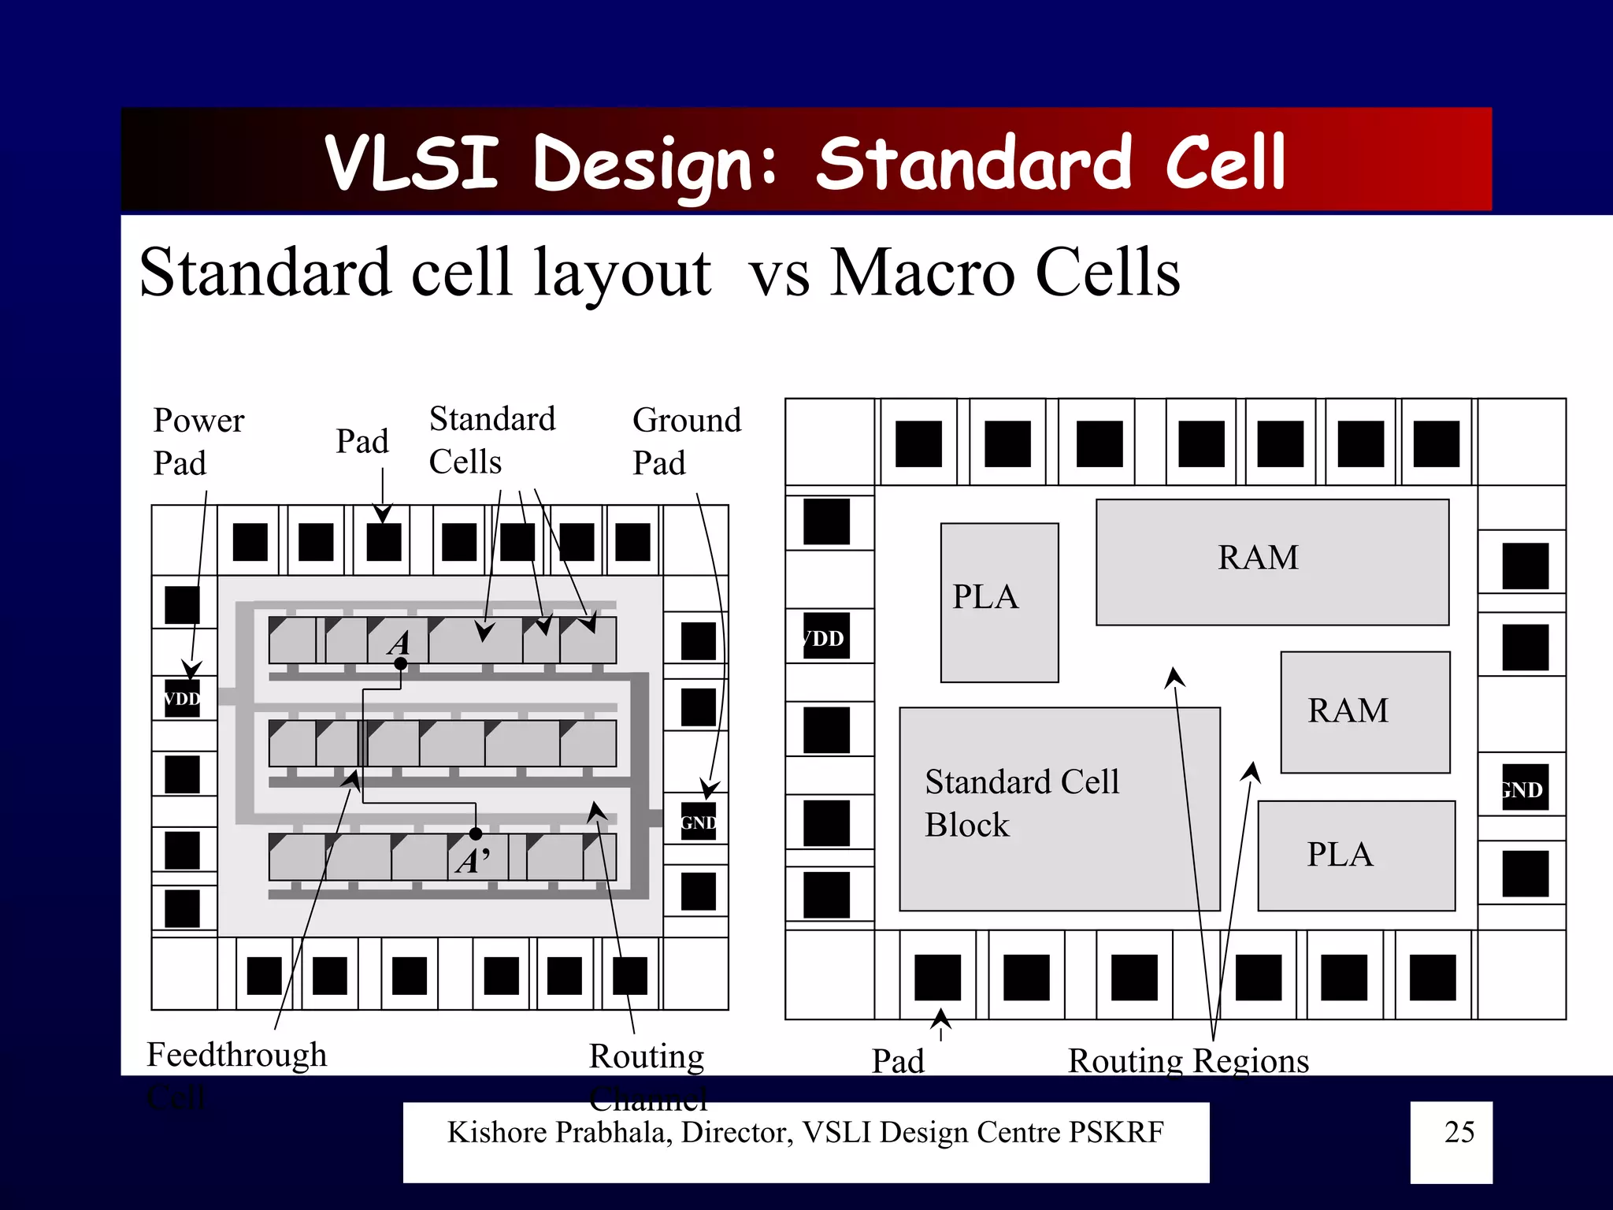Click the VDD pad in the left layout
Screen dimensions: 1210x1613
click(x=182, y=699)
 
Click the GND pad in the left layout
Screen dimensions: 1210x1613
click(x=698, y=822)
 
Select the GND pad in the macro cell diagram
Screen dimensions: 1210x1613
click(x=1525, y=789)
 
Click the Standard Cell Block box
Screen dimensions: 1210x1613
click(x=1059, y=809)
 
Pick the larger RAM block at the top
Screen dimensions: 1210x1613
click(x=1272, y=562)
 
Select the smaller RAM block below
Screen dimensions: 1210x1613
click(x=1365, y=711)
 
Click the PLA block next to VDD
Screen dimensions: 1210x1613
click(x=999, y=602)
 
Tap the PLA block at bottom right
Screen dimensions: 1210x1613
click(x=1355, y=856)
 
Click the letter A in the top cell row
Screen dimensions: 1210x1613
click(x=399, y=643)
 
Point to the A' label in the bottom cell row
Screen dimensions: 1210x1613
click(x=473, y=861)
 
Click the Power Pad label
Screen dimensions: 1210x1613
click(x=198, y=441)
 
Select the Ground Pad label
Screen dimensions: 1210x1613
click(x=686, y=441)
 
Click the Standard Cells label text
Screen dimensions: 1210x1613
click(x=491, y=440)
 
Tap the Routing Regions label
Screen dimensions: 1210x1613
click(x=1188, y=1060)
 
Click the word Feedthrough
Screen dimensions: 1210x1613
click(x=236, y=1055)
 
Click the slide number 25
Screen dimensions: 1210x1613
click(x=1459, y=1132)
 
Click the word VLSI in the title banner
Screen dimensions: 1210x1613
click(x=412, y=162)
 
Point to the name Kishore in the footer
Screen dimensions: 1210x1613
click(x=498, y=1132)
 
